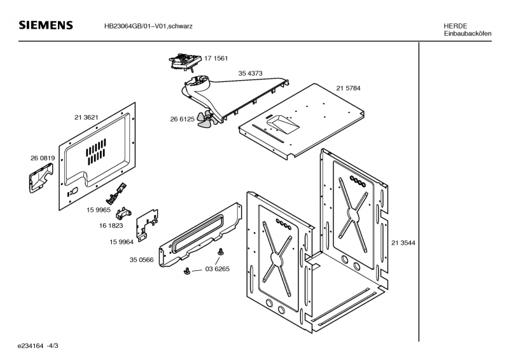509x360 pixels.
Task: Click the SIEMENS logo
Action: click(46, 25)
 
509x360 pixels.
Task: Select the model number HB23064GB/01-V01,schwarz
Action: click(149, 26)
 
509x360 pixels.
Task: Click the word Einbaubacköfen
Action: click(468, 33)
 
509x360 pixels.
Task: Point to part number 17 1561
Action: click(216, 59)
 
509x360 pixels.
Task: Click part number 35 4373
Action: click(251, 74)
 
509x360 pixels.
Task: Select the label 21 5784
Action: click(349, 88)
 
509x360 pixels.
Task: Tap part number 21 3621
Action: click(86, 118)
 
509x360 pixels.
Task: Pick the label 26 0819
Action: click(43, 158)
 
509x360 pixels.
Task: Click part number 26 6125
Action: click(182, 119)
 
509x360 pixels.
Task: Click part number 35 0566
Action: click(142, 260)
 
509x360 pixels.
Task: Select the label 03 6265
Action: click(217, 269)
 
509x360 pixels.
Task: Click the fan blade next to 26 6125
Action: click(205, 120)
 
